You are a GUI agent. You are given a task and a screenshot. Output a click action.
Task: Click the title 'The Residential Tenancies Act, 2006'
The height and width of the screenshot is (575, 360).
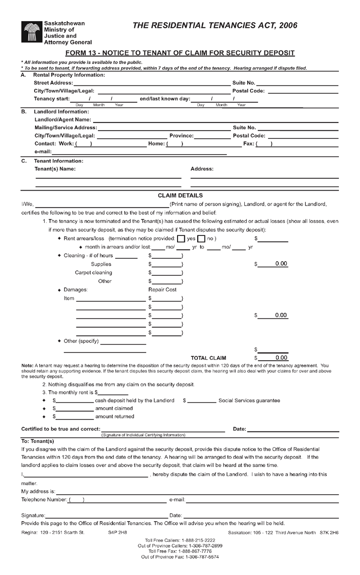tap(215, 25)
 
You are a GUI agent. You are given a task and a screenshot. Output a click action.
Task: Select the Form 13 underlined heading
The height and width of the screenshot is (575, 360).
tap(180, 53)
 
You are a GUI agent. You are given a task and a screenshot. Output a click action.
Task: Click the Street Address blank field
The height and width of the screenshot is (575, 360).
tap(151, 83)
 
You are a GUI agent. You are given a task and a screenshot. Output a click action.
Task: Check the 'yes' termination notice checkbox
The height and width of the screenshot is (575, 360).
tap(180, 239)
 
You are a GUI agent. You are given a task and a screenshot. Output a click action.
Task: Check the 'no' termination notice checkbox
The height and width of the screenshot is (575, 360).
tap(202, 239)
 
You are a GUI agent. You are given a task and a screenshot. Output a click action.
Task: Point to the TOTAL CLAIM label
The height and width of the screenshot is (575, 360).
tap(208, 358)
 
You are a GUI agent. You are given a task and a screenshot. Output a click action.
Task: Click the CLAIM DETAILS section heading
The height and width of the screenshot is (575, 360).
tap(180, 196)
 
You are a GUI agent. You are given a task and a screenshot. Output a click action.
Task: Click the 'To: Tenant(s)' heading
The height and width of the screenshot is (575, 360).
tap(38, 441)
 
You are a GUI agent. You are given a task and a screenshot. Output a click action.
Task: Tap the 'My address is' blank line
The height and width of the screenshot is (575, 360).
tap(197, 491)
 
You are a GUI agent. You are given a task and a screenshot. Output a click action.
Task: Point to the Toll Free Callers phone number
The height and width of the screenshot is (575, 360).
tap(180, 540)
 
